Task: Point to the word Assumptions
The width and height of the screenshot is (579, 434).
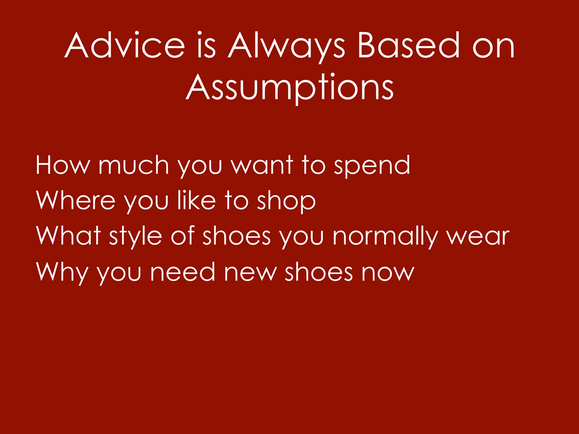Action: [x=290, y=87]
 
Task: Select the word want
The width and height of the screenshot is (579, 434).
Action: [x=262, y=165]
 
